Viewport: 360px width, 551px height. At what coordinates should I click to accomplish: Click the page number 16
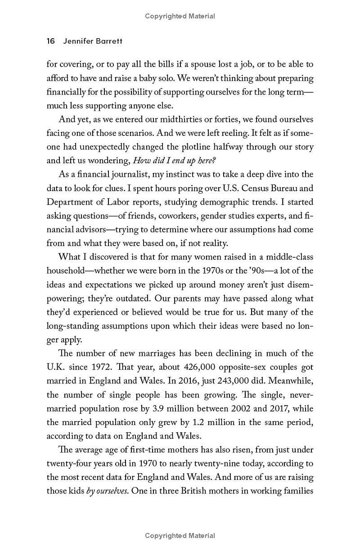(x=50, y=41)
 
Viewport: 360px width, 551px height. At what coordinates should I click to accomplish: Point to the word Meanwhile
(x=292, y=381)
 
